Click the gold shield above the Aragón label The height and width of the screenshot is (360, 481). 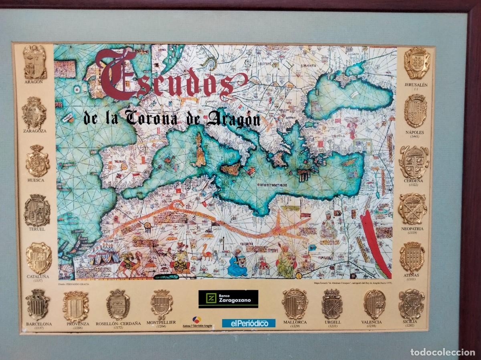34,62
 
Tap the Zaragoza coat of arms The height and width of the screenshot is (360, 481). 34,113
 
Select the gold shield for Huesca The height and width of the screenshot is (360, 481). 38,161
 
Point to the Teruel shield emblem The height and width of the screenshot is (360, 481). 37,211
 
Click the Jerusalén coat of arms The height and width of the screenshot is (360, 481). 417,63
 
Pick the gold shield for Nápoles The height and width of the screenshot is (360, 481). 415,111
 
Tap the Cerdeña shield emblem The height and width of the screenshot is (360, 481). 414,162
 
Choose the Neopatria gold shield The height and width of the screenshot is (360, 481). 412,209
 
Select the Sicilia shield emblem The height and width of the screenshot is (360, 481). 411,304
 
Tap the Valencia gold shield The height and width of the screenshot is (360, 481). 374,304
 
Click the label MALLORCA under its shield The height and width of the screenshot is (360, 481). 295,322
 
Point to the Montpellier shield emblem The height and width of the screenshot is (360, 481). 162,304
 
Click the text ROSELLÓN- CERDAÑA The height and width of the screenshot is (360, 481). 118,324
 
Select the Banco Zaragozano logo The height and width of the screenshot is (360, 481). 228,299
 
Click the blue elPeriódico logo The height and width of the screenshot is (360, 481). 249,323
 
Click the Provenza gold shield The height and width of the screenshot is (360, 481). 75,306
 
